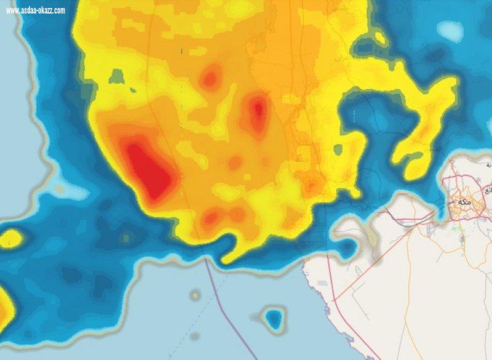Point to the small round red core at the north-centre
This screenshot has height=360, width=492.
point(211,78)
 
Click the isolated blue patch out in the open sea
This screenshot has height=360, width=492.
point(273,318)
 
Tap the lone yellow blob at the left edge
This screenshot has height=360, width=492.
point(12,239)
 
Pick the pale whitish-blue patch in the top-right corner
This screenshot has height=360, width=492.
point(451,30)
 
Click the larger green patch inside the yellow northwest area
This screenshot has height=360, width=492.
point(117,77)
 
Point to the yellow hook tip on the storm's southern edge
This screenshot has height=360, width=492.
point(229,257)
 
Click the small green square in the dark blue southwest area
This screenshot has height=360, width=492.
point(126,237)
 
